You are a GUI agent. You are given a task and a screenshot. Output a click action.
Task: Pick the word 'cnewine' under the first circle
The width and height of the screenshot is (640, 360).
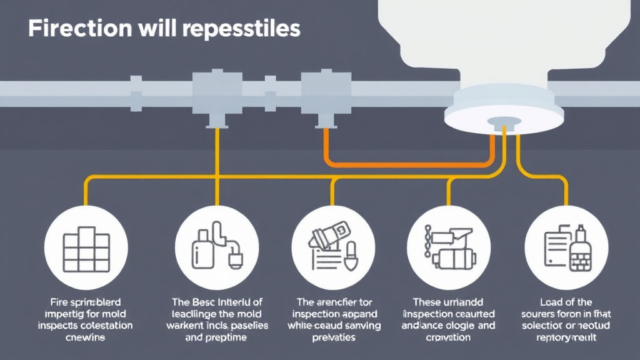pos(86,337)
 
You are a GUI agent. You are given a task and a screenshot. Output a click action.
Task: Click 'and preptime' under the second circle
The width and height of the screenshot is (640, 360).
pos(216,337)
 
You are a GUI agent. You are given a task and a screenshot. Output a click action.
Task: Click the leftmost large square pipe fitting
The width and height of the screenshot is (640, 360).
pos(209,92)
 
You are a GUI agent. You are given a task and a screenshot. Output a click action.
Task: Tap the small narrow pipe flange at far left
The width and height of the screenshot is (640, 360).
pos(136,92)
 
